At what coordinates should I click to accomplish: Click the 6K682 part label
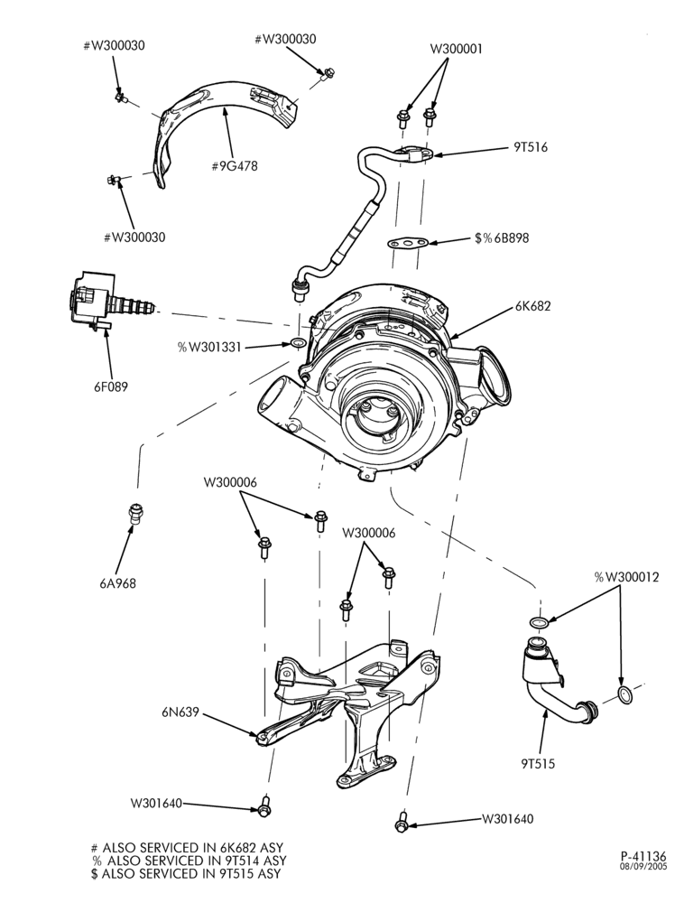(x=532, y=306)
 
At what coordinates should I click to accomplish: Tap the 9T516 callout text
(x=531, y=147)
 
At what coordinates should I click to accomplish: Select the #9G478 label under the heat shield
(x=235, y=166)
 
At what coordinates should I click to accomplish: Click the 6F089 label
(x=111, y=386)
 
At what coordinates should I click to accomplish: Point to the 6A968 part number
(x=117, y=583)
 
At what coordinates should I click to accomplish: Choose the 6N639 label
(x=180, y=712)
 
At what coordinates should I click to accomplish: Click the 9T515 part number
(x=538, y=764)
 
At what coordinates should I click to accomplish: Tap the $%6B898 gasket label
(x=502, y=237)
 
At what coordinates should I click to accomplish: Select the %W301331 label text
(x=209, y=348)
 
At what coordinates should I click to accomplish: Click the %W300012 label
(x=626, y=577)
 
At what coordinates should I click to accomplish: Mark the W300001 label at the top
(x=457, y=49)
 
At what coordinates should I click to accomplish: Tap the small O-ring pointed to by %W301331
(x=298, y=344)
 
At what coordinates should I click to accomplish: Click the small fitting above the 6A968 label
(x=135, y=514)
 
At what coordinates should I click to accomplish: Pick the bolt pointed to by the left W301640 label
(x=264, y=805)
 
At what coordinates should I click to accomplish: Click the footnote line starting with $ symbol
(x=186, y=873)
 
